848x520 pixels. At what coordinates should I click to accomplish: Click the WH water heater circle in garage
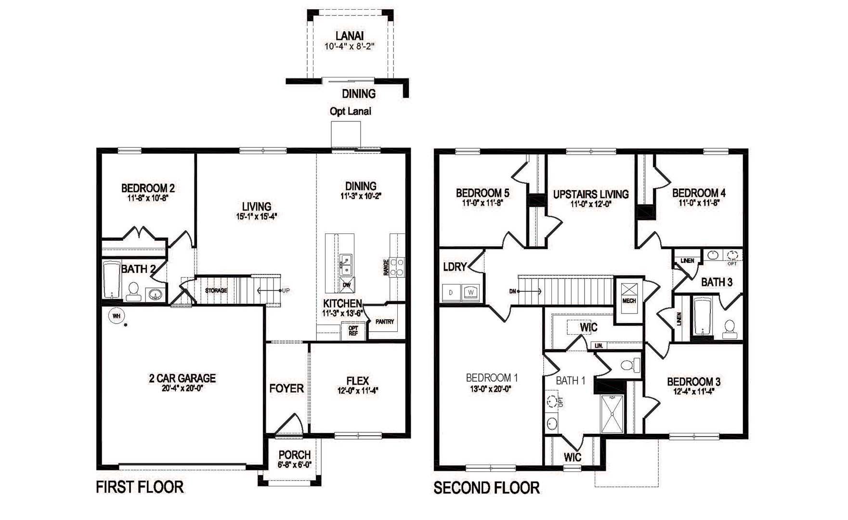[116, 316]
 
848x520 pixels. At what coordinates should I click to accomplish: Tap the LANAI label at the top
[349, 36]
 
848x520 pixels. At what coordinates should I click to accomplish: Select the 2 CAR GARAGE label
[182, 378]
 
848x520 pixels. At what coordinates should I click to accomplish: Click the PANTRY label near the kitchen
[385, 322]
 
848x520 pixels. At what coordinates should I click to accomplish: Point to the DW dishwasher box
[347, 285]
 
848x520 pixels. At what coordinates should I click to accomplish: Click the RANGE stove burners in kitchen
[397, 267]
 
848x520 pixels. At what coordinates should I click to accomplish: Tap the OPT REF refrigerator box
[353, 331]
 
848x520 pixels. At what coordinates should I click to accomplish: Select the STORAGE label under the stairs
[216, 290]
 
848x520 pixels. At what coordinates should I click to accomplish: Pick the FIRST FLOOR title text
[140, 487]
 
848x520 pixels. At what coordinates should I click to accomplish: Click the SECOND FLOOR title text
[486, 488]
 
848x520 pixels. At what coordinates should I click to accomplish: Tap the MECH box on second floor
[629, 295]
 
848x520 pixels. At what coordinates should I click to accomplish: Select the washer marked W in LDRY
[470, 292]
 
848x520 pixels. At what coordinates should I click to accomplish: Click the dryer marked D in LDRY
[451, 292]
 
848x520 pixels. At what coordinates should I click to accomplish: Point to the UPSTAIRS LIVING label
[591, 194]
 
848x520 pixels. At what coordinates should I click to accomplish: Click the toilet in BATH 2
[133, 291]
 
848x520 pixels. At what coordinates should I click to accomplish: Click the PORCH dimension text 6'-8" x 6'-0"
[294, 465]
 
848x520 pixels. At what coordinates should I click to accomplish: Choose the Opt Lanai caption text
[350, 111]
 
